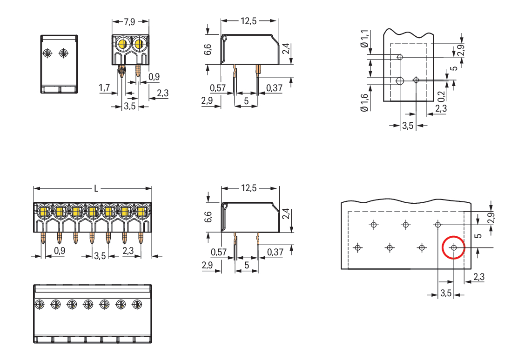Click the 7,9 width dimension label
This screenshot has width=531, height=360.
130,21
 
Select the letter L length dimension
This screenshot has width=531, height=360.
96,188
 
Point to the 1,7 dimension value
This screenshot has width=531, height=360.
104,87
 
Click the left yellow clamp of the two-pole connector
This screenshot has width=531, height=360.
123,45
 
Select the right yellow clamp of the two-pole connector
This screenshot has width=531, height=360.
138,45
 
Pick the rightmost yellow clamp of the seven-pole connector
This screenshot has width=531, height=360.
141,212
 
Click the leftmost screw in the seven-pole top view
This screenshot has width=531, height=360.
40,304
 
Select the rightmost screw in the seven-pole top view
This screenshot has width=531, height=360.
137,304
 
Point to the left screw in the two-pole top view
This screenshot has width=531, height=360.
47,53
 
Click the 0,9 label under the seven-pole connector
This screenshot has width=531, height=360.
60,251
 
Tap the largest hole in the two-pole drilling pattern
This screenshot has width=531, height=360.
400,81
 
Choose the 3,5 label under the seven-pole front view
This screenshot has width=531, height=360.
100,255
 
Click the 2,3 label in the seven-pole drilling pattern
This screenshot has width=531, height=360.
478,277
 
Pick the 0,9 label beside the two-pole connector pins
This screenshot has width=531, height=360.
154,77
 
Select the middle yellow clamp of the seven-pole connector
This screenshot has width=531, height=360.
92,212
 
